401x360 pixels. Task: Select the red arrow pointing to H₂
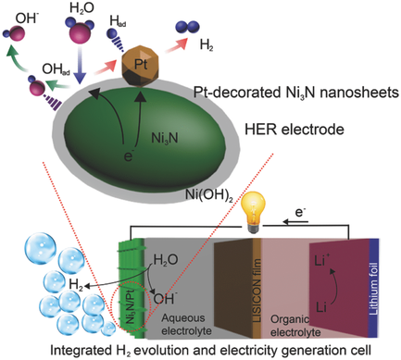pyautogui.click(x=172, y=53)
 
